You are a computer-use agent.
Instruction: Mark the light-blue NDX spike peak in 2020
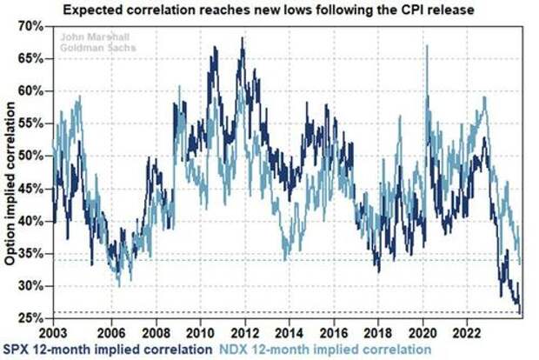pyautogui.click(x=427, y=46)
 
